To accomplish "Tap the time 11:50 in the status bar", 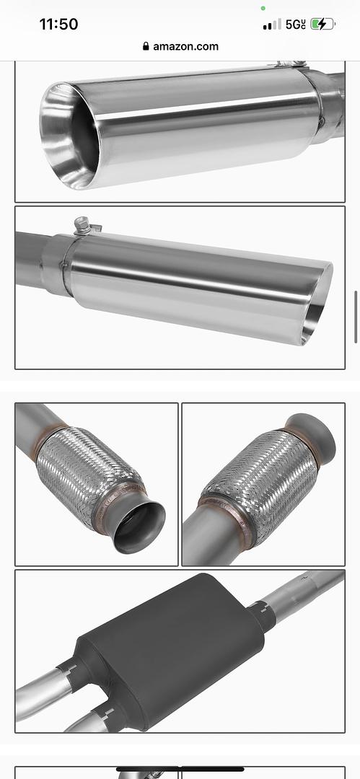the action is point(58,24).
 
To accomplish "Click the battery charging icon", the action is point(322,24).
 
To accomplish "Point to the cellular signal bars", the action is point(272,25).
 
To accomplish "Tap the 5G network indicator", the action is point(295,25).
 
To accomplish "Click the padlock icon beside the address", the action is point(146,46).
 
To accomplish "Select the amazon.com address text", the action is point(185,47).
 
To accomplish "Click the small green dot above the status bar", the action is point(263,8).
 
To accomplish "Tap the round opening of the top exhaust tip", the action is point(69,135).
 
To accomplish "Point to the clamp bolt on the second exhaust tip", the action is point(84,226).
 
